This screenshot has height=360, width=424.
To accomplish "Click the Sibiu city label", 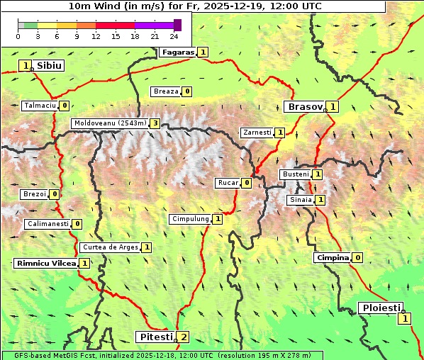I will click(49, 65).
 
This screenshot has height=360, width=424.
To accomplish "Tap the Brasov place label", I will click(303, 106).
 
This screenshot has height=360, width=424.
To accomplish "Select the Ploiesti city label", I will click(381, 308).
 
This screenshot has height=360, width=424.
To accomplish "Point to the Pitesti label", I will click(155, 337).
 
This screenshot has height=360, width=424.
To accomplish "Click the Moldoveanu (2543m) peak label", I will click(109, 123).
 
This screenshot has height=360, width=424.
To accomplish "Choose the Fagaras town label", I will click(177, 52).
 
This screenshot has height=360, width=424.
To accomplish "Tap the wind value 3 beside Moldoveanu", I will click(155, 123).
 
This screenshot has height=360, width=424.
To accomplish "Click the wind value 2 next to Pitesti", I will click(184, 337).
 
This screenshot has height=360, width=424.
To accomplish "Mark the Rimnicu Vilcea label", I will click(45, 263).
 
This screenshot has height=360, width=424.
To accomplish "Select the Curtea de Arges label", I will click(109, 247).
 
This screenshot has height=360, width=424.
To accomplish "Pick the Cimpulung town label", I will click(190, 219).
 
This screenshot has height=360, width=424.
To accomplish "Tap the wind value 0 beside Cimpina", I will click(357, 257).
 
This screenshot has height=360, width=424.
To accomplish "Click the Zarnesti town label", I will click(257, 133).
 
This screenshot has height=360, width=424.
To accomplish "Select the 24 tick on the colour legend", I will click(174, 35).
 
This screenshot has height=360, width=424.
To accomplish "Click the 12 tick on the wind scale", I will click(96, 35).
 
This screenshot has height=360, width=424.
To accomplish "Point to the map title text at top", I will click(195, 6).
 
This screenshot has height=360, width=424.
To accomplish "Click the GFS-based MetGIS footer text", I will click(162, 355).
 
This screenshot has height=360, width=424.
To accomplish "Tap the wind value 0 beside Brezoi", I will click(54, 193).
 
